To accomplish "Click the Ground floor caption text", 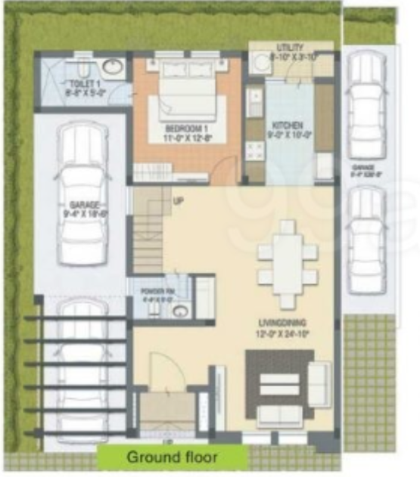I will coord(172,457).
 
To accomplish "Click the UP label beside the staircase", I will coord(179,202).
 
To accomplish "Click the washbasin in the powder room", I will coord(179,311).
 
